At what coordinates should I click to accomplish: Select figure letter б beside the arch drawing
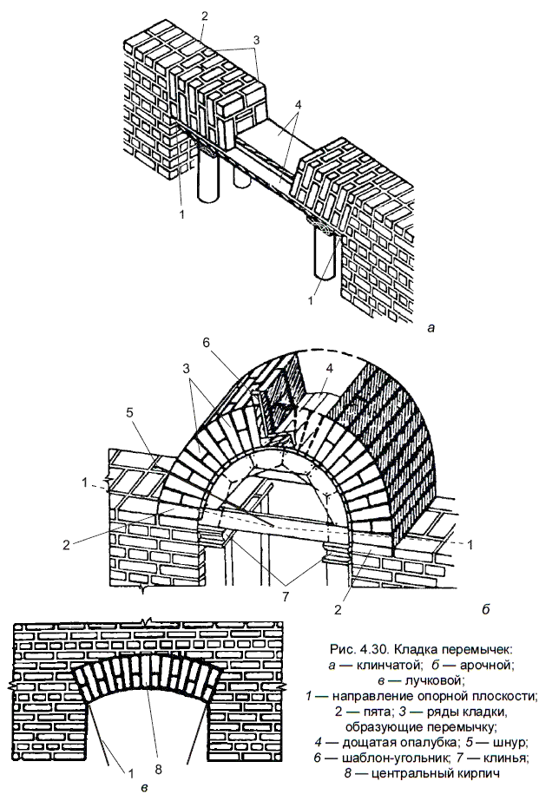[x=483, y=609]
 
